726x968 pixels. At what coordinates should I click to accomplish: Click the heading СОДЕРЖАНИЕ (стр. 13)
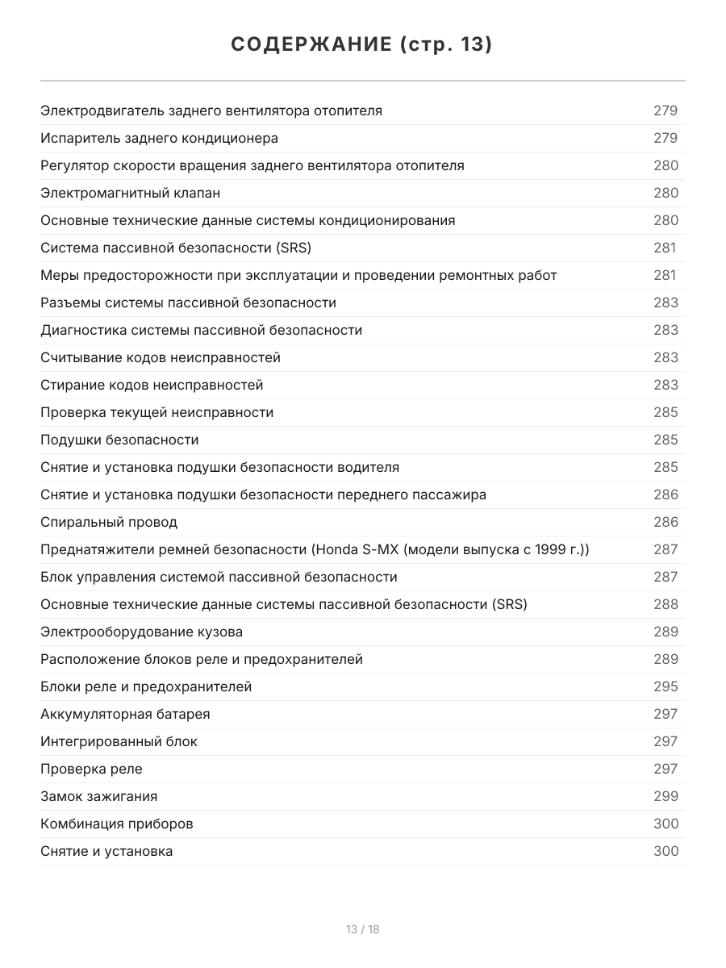point(362,45)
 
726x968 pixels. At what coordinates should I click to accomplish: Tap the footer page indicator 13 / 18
point(362,929)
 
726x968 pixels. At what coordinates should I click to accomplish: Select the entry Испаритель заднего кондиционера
point(160,138)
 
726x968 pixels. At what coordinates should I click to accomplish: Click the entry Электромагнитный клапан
point(131,193)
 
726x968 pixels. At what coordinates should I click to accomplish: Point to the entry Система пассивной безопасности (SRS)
point(176,248)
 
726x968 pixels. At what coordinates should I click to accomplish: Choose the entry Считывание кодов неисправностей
point(161,357)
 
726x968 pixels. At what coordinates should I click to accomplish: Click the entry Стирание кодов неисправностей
point(152,385)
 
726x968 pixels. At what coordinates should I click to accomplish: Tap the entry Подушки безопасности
point(119,440)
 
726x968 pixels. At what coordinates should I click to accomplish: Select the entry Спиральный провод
point(109,522)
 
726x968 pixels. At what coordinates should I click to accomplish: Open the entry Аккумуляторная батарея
point(125,714)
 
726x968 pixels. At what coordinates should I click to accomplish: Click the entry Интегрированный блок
point(119,741)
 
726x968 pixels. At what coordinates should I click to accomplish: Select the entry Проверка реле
point(91,769)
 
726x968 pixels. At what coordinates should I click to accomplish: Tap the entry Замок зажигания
point(99,796)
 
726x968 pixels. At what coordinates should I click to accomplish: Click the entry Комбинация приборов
point(117,824)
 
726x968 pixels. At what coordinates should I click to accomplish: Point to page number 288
point(665,604)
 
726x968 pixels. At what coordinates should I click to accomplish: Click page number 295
point(665,686)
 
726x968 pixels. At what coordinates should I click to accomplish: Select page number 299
point(665,796)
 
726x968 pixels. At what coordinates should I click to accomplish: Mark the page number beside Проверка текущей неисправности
point(665,412)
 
